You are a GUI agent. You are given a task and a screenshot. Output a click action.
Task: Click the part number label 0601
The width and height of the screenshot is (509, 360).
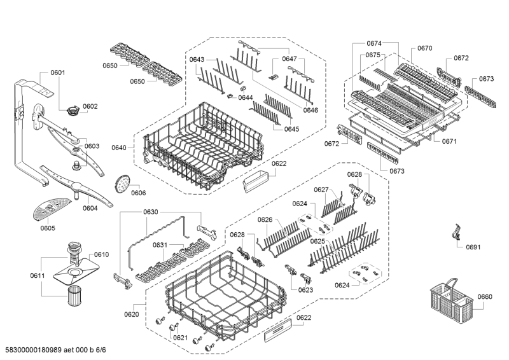(57, 73)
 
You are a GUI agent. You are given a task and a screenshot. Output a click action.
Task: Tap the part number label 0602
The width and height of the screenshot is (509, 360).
(90, 106)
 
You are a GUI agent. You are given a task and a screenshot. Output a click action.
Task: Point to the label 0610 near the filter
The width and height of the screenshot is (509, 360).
(102, 254)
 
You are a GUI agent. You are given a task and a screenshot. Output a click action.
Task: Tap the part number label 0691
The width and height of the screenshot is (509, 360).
(473, 247)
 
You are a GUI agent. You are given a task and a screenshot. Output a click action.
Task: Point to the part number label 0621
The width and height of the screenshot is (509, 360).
(181, 338)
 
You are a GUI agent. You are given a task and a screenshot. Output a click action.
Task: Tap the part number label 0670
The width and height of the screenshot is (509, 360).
(424, 48)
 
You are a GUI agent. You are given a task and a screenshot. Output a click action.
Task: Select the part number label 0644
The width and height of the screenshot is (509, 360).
(246, 98)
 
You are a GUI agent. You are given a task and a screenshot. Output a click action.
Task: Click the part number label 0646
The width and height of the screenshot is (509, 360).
(310, 110)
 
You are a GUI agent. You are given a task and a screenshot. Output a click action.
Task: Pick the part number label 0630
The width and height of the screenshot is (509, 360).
(150, 212)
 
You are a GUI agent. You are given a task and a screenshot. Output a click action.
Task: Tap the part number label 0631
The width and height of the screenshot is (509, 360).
(160, 245)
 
